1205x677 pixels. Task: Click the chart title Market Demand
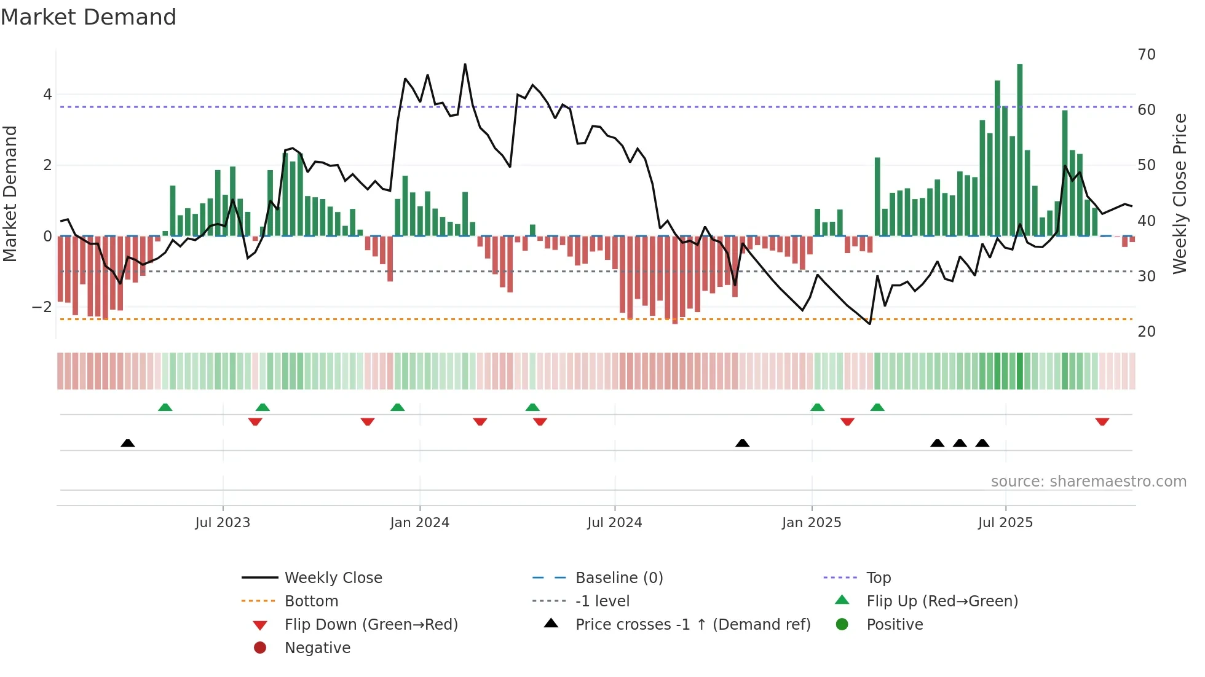(x=89, y=17)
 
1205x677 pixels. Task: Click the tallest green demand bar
(x=1019, y=147)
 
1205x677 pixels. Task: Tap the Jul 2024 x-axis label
(x=614, y=523)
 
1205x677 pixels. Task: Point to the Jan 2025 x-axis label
(x=812, y=523)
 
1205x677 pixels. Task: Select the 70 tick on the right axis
(x=1147, y=55)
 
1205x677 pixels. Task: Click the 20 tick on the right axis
(x=1147, y=332)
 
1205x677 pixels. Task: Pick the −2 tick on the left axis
(x=42, y=307)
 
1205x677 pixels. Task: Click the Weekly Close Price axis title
(x=1179, y=194)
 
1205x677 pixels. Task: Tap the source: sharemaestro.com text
(x=1088, y=482)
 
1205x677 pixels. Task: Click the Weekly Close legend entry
(x=333, y=578)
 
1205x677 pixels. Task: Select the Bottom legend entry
(x=311, y=601)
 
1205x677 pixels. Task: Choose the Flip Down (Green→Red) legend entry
(x=371, y=625)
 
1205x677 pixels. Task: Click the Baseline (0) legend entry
(x=618, y=578)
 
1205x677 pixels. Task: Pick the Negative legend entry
(x=317, y=648)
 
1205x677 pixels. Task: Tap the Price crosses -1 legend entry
(x=692, y=625)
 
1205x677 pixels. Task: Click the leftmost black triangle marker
(x=127, y=444)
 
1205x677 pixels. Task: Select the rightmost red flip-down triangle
(x=1102, y=421)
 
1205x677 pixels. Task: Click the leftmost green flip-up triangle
(x=165, y=407)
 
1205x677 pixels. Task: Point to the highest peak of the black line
(x=465, y=65)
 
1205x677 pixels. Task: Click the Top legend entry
(x=878, y=578)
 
